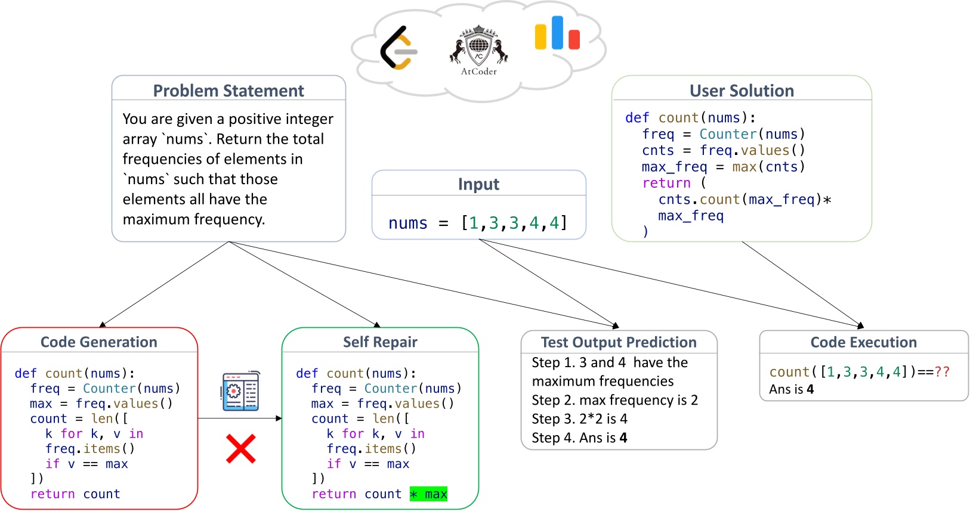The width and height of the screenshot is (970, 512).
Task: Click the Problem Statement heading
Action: click(x=228, y=91)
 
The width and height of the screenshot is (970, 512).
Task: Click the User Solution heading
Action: click(x=742, y=91)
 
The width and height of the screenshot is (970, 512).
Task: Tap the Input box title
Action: click(x=478, y=184)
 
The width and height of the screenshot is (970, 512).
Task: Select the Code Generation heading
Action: click(x=99, y=342)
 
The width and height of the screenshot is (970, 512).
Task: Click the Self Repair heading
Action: click(x=380, y=342)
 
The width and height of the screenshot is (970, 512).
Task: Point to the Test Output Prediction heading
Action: click(x=619, y=342)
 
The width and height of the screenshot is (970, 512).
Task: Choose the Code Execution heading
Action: click(x=863, y=342)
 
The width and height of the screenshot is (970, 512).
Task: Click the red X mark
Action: click(x=241, y=449)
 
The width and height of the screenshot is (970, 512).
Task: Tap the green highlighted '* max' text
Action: click(x=428, y=494)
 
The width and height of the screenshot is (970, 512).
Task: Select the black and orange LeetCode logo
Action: click(x=398, y=48)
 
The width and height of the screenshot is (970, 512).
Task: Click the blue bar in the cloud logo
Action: click(x=557, y=33)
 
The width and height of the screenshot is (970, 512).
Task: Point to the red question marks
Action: click(x=943, y=372)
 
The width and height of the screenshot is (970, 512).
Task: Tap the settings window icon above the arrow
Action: click(x=240, y=391)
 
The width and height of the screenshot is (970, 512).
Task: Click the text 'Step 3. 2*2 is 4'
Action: click(x=579, y=419)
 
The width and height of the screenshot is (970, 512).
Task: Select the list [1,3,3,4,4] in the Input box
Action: click(x=514, y=223)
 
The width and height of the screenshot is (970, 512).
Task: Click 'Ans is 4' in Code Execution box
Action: click(x=791, y=390)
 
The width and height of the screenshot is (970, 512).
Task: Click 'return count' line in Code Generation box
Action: click(x=75, y=494)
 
